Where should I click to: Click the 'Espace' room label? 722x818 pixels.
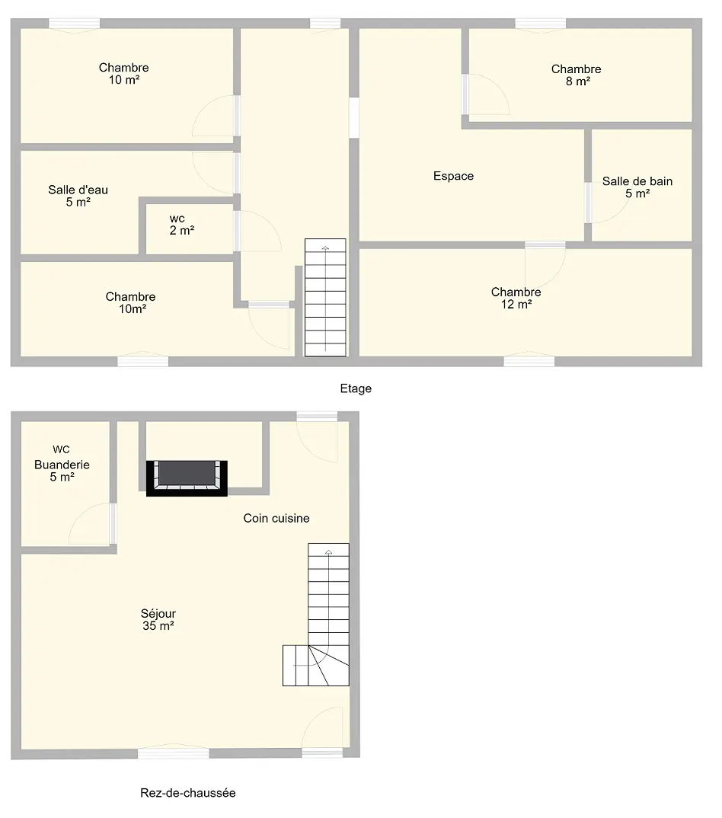click(x=453, y=177)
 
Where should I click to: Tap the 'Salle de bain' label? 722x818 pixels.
click(x=637, y=181)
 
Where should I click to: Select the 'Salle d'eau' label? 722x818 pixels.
click(x=78, y=190)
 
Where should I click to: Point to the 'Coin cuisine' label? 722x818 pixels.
click(x=276, y=518)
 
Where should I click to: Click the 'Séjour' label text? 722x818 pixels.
click(x=158, y=614)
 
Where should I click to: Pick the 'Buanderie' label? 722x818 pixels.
click(x=62, y=465)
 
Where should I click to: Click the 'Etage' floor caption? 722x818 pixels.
click(x=356, y=388)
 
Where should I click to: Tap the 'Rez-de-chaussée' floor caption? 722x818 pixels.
click(x=188, y=793)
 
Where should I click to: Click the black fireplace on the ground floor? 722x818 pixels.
click(x=187, y=478)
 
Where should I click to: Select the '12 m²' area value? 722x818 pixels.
click(x=516, y=305)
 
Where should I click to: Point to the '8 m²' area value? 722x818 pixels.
click(x=577, y=81)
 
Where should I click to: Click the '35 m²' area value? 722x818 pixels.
click(x=158, y=626)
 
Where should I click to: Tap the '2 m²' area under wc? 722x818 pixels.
click(x=181, y=231)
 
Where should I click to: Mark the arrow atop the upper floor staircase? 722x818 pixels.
click(x=325, y=248)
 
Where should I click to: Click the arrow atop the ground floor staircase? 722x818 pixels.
click(x=329, y=552)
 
